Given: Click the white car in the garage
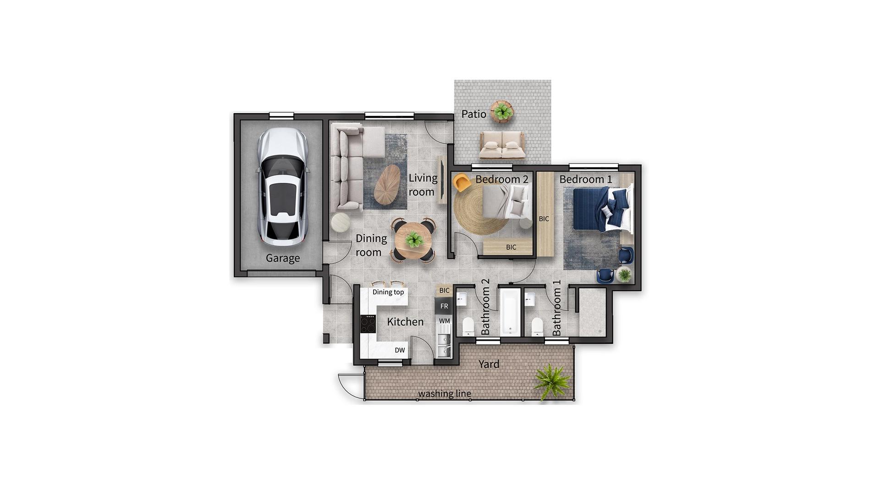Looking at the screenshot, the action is [282, 188].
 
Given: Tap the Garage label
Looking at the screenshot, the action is [283, 258].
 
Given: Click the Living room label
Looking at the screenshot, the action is [423, 185].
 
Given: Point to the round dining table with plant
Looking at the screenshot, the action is [414, 240].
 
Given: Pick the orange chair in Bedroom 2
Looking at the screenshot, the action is [462, 183].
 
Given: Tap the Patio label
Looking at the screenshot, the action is [473, 114].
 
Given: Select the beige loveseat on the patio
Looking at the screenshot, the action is [501, 145].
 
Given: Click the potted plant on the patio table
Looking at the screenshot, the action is [502, 111].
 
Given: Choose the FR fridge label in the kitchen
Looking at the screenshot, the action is [444, 306].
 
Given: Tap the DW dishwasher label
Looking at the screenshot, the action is [400, 350].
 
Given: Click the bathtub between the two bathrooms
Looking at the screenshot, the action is [509, 312].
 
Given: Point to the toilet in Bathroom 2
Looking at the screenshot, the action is [468, 327].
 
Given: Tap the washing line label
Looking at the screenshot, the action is [444, 394].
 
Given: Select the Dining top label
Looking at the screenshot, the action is [388, 292].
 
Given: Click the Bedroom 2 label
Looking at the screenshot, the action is [502, 179].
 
